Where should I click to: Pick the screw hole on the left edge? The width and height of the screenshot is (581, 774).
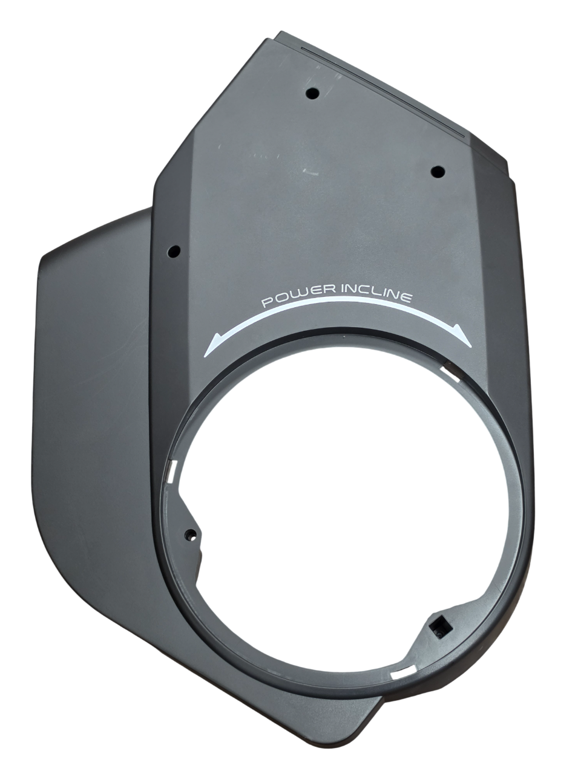174,252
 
